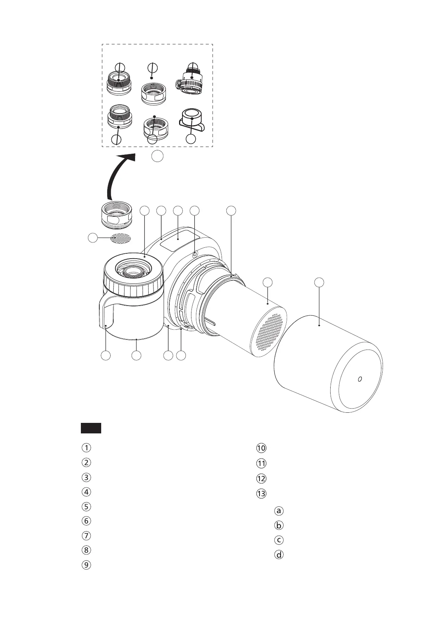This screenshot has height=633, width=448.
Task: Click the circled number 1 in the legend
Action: coord(86,448)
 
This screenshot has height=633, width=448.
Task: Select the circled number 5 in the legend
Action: coord(86,506)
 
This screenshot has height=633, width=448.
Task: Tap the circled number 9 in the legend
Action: coord(86,565)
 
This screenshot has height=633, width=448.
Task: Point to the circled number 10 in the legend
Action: coord(261,448)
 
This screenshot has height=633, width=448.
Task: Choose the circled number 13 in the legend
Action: coord(261,494)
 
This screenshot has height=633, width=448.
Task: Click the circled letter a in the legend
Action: coord(279,511)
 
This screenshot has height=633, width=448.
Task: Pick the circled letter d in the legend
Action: coord(279,554)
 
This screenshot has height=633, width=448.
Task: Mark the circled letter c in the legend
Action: coord(279,540)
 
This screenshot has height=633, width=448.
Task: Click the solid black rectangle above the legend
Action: coord(91,428)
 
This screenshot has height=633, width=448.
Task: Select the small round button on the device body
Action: coord(194,254)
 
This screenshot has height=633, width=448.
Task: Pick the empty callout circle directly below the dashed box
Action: coord(158,156)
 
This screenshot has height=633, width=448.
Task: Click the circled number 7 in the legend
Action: coord(86,536)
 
